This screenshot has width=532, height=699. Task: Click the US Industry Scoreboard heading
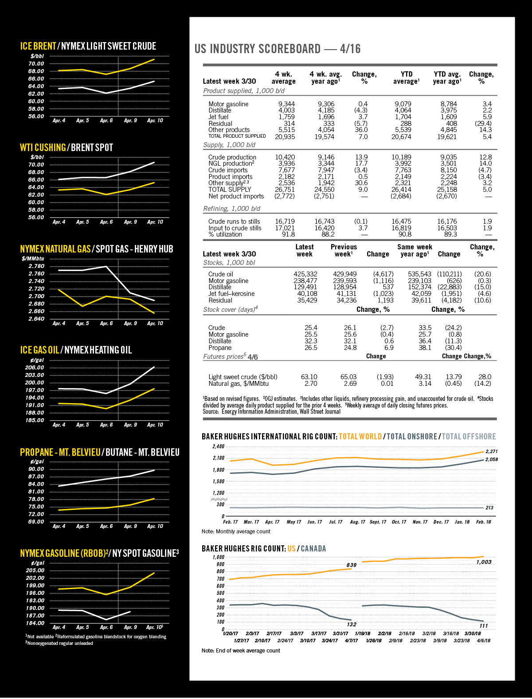coord(278,49)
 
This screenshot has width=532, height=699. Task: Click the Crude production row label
coord(232,157)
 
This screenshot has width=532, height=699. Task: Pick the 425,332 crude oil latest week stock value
coord(305,274)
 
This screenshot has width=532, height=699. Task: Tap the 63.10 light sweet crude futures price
coord(309,377)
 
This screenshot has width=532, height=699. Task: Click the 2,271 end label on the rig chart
coord(492,451)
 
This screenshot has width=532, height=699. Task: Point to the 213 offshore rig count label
coord(489,508)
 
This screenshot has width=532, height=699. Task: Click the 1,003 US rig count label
coord(484,562)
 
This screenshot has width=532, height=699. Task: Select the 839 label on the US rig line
coord(351,565)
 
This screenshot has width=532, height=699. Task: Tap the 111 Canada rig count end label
coord(483,625)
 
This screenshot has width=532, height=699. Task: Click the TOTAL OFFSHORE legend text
coord(469,437)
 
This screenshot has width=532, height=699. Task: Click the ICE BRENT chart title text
coord(38,47)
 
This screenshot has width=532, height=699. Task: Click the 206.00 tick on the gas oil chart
coord(35,368)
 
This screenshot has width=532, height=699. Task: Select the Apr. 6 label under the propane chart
coord(106,526)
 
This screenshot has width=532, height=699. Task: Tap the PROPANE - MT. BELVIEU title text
coord(60,452)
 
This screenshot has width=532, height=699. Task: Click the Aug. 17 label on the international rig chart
coord(357,522)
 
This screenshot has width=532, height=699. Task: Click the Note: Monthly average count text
coord(236,532)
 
